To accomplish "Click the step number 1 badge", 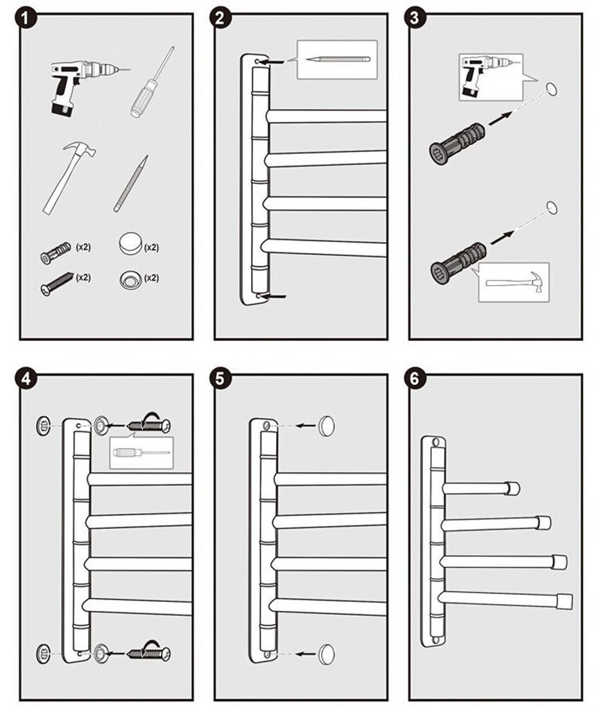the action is [x=26, y=18].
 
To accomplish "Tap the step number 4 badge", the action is [x=26, y=378].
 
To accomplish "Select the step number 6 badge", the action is [x=415, y=378].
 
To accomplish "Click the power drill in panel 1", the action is [x=85, y=85].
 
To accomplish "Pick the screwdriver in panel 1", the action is [x=152, y=83].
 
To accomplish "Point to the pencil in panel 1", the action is [x=131, y=183].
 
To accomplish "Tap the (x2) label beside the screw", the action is [x=83, y=277].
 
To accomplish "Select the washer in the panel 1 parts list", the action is [x=130, y=279].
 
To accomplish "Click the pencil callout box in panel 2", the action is [x=337, y=60].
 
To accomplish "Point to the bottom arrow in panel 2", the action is [x=274, y=297].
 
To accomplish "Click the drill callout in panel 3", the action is [x=491, y=77].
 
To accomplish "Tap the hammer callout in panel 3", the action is [x=514, y=282].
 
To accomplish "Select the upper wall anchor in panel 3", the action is [x=457, y=143].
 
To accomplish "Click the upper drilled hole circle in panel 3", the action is [x=551, y=89].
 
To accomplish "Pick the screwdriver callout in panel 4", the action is [x=141, y=452].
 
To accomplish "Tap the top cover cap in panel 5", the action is [x=327, y=426].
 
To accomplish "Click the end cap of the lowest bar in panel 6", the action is [x=565, y=601].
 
